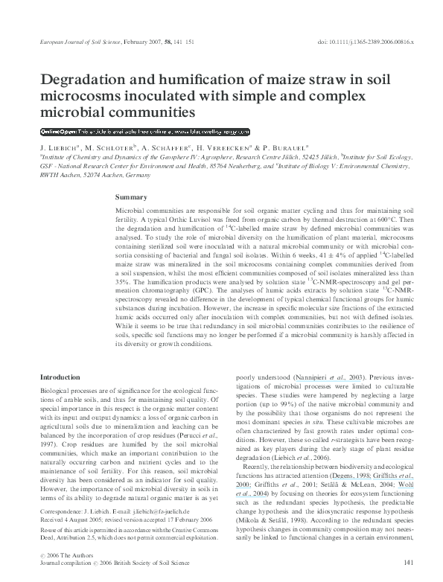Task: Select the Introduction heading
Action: (60, 378)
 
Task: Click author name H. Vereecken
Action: (223, 149)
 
